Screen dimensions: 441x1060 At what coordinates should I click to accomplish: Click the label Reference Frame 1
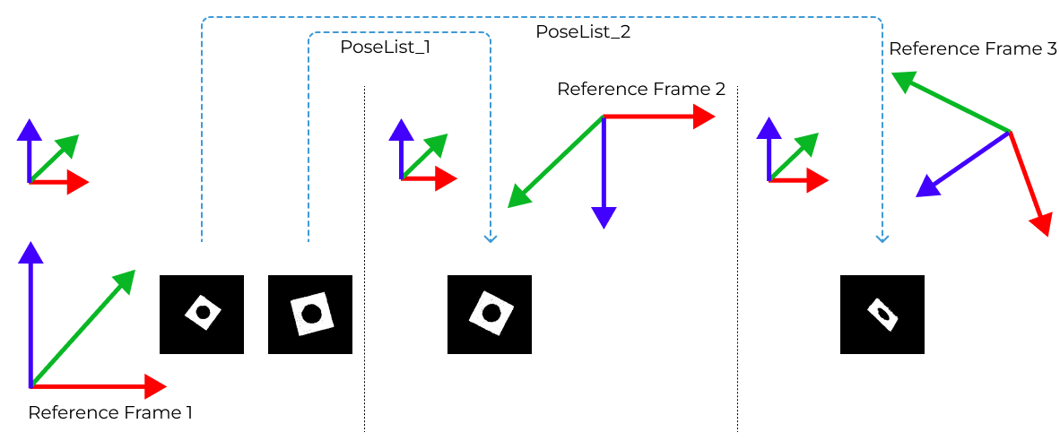pos(110,413)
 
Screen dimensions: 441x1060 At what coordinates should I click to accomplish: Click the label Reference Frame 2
pos(640,90)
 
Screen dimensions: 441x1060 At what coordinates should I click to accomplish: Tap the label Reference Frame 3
pos(972,48)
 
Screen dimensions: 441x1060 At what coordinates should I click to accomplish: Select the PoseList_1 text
pos(385,48)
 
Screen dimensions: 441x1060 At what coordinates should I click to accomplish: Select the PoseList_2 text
pos(583,31)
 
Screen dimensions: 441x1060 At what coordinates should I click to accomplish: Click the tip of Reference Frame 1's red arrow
pos(158,387)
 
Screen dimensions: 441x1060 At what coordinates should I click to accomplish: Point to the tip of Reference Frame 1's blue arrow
pos(30,250)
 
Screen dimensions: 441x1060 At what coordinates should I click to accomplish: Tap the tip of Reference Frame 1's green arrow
pos(127,277)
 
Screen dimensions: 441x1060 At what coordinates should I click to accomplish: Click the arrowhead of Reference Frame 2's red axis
pos(707,117)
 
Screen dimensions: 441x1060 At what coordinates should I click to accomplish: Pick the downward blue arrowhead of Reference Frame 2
pos(604,219)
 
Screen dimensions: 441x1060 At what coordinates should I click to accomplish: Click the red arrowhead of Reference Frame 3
pos(1042,226)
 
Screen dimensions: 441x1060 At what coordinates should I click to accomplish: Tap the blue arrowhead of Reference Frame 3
pos(925,189)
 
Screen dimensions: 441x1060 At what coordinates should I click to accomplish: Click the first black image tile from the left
pos(202,314)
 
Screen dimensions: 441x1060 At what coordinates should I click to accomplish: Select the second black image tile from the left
pos(310,314)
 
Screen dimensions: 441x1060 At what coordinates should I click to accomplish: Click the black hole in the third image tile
pos(491,313)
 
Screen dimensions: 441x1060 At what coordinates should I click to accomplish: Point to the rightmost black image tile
pos(882,314)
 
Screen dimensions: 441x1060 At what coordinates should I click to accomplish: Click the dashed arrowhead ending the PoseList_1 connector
pos(490,238)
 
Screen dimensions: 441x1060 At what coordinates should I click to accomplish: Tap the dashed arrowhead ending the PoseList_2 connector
pos(882,238)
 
